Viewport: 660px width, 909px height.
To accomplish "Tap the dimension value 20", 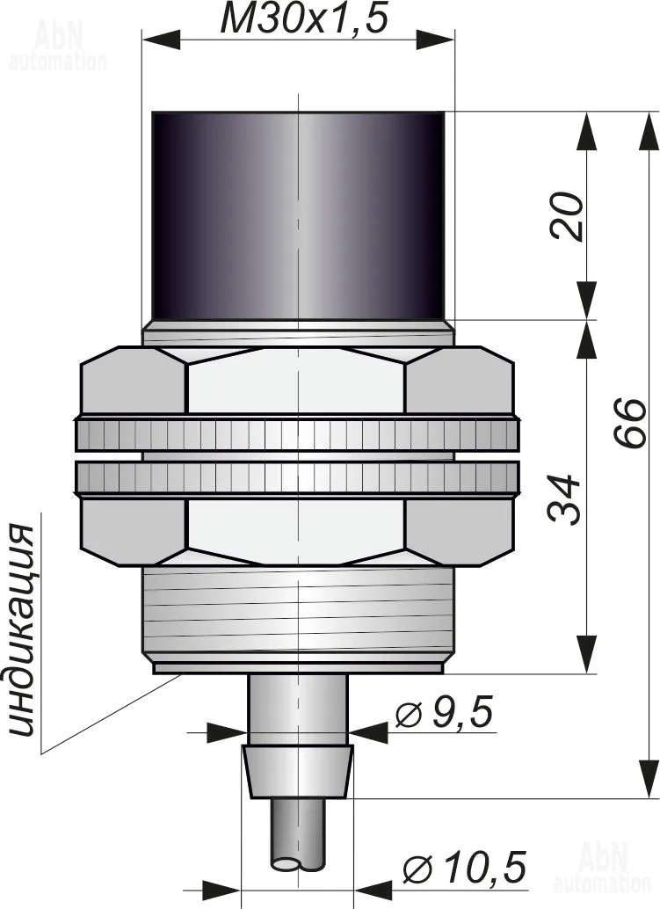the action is coord(566,215).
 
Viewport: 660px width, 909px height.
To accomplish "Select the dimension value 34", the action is coord(564,499).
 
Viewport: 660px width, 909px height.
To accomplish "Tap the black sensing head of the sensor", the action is coord(299,215).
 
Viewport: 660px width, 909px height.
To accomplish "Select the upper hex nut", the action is coord(298,380).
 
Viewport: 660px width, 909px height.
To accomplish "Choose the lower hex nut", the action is coord(298,532).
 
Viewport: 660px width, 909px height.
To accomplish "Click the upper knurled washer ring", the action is coord(298,433).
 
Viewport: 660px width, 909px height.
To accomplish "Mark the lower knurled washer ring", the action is coord(298,479).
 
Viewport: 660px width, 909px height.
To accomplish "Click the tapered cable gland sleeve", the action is coord(298,772).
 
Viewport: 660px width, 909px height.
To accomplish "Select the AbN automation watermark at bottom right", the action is coord(601,868).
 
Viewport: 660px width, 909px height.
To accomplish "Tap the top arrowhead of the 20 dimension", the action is coord(588,130).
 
